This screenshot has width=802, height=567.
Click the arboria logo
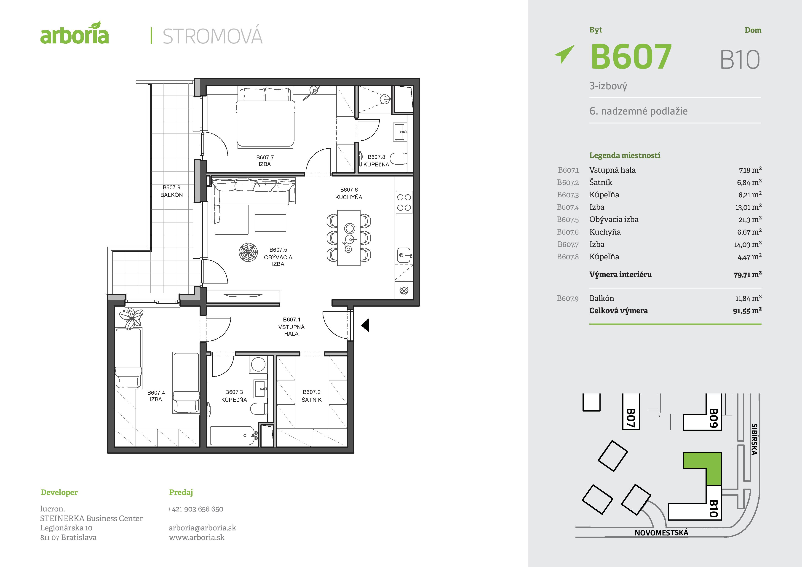(x=74, y=33)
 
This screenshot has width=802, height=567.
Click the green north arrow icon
(x=564, y=54)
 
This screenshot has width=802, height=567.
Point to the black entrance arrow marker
(x=365, y=325)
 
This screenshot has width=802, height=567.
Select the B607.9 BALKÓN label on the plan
(x=171, y=191)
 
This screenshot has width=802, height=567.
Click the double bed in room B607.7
(x=265, y=117)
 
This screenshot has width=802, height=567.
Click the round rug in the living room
(x=248, y=252)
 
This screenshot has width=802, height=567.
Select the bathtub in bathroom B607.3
(x=233, y=436)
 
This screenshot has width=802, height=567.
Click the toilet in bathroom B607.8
(x=398, y=159)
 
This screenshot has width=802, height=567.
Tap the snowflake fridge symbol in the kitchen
(x=404, y=290)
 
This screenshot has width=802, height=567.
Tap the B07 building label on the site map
(x=631, y=418)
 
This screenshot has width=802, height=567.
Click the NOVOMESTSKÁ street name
(x=661, y=533)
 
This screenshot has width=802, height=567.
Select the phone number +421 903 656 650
(x=196, y=509)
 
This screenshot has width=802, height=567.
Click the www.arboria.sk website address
(x=197, y=537)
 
